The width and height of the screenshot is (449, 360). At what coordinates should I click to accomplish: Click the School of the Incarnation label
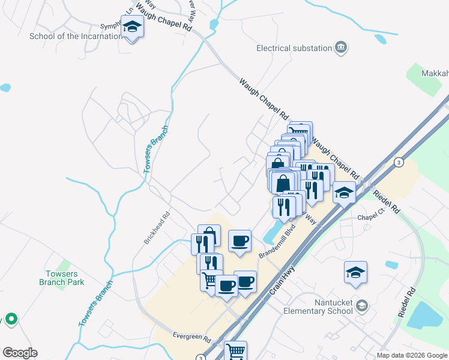pos(76,36)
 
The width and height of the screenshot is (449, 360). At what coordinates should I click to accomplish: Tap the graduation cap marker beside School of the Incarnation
pos(132,28)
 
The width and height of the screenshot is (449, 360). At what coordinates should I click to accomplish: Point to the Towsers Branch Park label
pos(62,278)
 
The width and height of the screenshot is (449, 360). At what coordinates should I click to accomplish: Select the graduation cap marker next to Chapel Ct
pos(344,193)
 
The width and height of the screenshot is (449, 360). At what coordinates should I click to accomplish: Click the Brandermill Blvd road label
pos(278,242)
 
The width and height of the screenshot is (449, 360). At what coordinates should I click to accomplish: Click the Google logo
pos(20,353)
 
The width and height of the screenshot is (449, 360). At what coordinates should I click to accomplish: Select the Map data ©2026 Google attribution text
pos(411,355)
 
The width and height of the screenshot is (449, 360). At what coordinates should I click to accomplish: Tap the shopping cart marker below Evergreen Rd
pos(235,351)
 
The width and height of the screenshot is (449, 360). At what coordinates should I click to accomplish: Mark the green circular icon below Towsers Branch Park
pos(10,319)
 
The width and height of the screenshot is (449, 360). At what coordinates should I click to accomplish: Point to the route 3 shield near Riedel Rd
pos(398,163)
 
